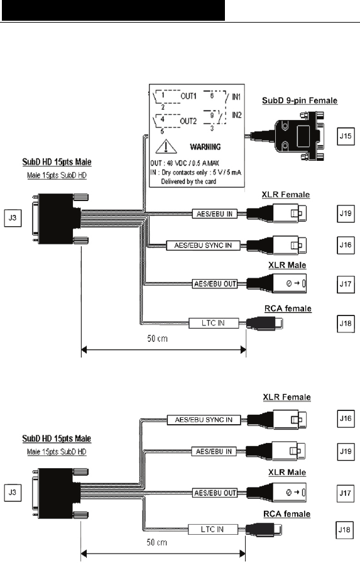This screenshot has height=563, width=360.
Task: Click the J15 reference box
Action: click(x=346, y=136)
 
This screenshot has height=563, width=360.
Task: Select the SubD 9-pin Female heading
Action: click(x=300, y=101)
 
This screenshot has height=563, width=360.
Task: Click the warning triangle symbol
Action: click(x=166, y=146)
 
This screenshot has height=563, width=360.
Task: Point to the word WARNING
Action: click(x=205, y=147)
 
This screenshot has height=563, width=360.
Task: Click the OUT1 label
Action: click(x=188, y=96)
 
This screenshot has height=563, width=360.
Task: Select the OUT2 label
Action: click(x=188, y=121)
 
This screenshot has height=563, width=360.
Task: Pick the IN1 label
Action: click(x=236, y=97)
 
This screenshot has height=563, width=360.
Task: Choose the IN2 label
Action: click(x=236, y=115)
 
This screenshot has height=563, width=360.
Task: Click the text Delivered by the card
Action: click(x=188, y=182)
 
